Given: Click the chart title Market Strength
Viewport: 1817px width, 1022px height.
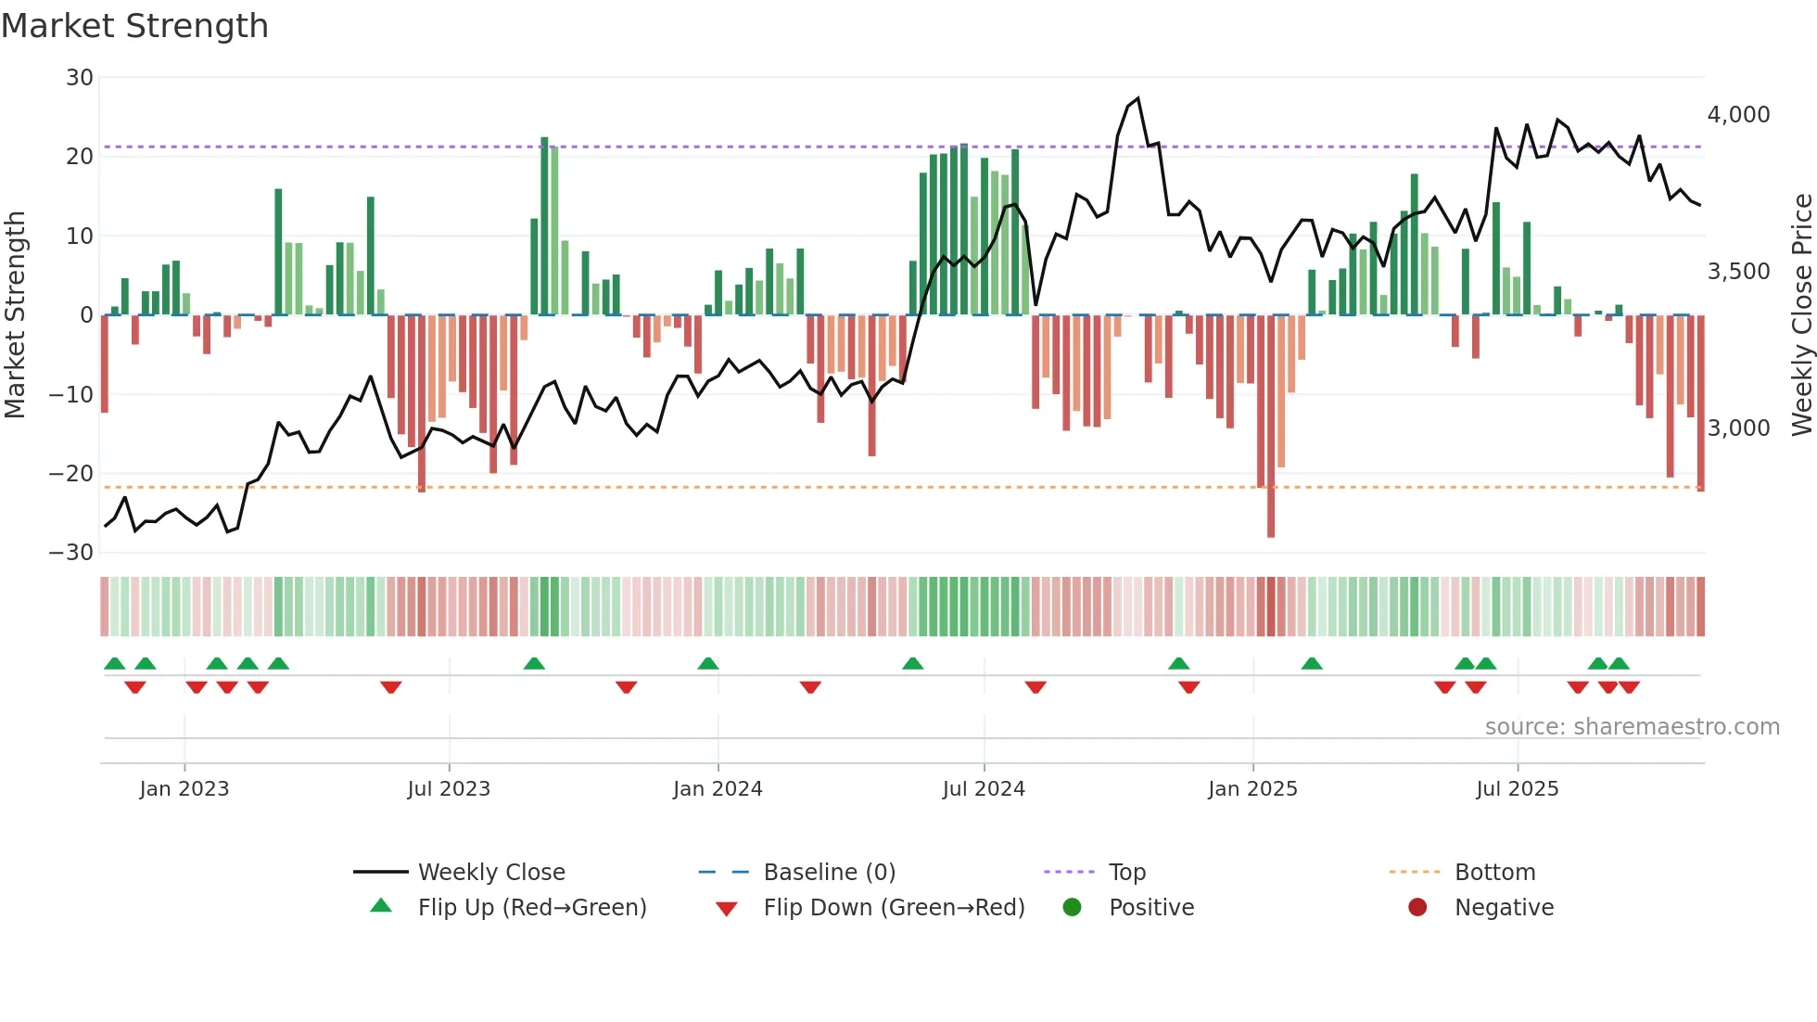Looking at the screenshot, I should point(134,26).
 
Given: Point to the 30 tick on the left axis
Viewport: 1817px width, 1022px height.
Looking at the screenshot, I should point(80,77).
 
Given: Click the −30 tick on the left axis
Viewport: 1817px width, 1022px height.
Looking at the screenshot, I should point(71,553).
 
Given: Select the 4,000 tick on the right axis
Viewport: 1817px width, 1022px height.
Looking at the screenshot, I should point(1738,115).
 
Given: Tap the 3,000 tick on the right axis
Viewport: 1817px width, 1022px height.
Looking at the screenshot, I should point(1738,428).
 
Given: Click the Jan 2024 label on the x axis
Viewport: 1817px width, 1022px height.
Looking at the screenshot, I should point(718,789).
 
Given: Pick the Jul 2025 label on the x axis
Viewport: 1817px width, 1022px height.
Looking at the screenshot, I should point(1518,789).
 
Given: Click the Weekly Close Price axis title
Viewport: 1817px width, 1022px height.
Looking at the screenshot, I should point(1801,315).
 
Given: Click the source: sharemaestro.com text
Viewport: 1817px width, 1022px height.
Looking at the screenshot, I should point(1632,727).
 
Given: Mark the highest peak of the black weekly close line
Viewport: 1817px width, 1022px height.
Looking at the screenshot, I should point(1137,98).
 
